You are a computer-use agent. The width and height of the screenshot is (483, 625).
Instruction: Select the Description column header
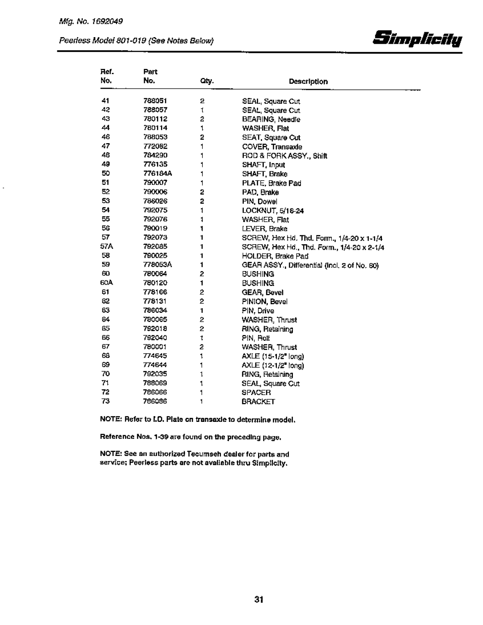pyautogui.click(x=308, y=82)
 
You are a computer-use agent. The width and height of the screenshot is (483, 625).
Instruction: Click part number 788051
pyautogui.click(x=153, y=101)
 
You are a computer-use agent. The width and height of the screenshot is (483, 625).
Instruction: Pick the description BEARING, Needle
pyautogui.click(x=271, y=119)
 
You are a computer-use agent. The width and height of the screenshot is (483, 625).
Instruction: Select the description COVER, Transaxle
pyautogui.click(x=272, y=147)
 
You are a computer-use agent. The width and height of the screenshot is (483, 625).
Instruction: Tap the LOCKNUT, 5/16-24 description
pyautogui.click(x=273, y=210)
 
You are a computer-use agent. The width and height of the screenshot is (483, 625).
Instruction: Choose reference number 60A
pyautogui.click(x=106, y=283)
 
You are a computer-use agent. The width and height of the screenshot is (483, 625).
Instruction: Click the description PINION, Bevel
pyautogui.click(x=265, y=302)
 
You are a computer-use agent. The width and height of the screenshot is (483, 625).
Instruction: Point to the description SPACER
pyautogui.click(x=256, y=392)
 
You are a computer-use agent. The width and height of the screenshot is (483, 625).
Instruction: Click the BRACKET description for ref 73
pyautogui.click(x=258, y=402)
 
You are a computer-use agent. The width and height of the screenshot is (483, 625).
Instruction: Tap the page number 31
pyautogui.click(x=258, y=600)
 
